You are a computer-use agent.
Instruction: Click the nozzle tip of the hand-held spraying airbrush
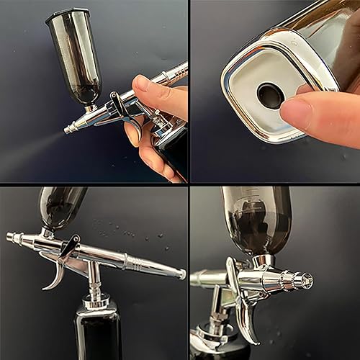(68, 130)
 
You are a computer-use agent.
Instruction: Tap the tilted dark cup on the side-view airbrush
(61, 205)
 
